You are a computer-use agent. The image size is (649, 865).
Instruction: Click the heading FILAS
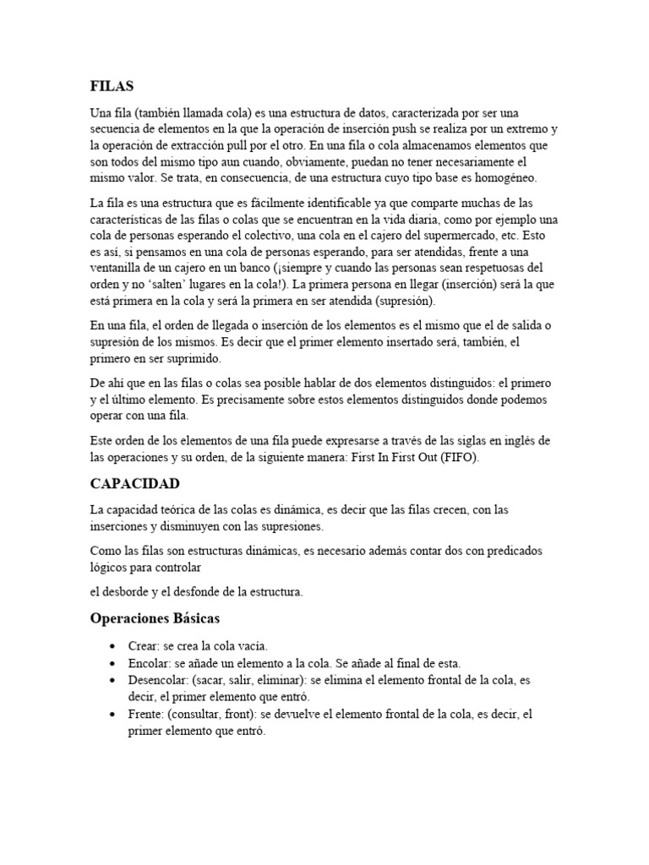pos(112,85)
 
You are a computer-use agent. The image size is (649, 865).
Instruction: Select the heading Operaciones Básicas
pos(155,618)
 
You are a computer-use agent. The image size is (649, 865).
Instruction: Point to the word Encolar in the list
pos(147,662)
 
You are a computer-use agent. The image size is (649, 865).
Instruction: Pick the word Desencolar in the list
pos(157,679)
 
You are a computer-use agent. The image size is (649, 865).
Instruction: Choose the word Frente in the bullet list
pos(145,714)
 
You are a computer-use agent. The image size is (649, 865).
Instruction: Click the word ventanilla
pos(121,269)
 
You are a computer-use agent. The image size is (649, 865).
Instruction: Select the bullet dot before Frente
pos(112,715)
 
